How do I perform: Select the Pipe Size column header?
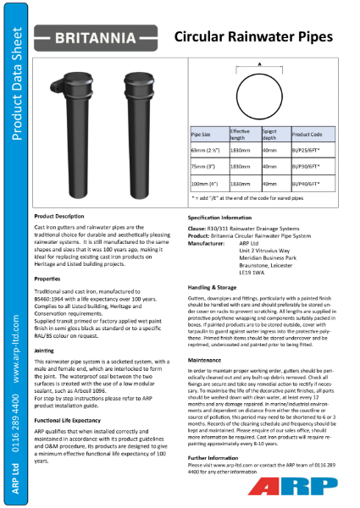[x=204, y=135]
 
